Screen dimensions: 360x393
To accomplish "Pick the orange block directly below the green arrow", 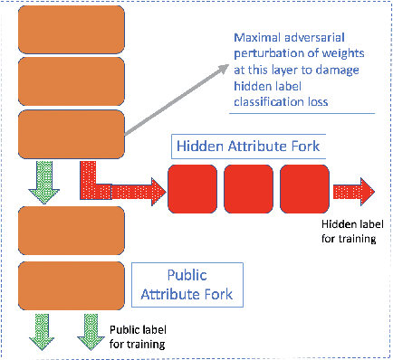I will click(62, 229).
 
